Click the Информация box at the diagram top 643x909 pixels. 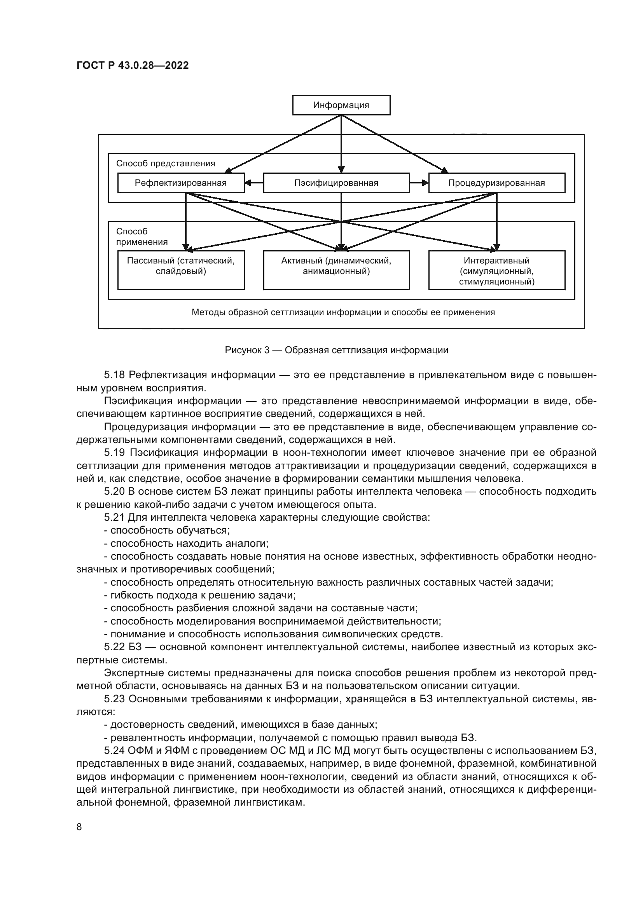click(341, 105)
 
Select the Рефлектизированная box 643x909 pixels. click(180, 183)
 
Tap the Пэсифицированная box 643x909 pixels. click(336, 183)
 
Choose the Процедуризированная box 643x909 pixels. click(496, 183)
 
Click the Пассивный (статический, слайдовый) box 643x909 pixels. click(180, 270)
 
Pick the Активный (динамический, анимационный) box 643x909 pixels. click(336, 270)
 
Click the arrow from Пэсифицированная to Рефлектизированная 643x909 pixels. click(254, 183)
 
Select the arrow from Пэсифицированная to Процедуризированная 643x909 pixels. click(419, 183)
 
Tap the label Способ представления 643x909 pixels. click(166, 164)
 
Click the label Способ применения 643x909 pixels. click(142, 236)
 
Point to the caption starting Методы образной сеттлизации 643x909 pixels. click(343, 312)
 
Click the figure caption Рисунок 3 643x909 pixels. click(336, 350)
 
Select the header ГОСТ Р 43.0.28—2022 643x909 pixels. click(133, 66)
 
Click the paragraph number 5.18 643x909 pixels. click(114, 375)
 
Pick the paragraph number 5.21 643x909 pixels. click(114, 517)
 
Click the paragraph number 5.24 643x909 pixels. click(114, 750)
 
